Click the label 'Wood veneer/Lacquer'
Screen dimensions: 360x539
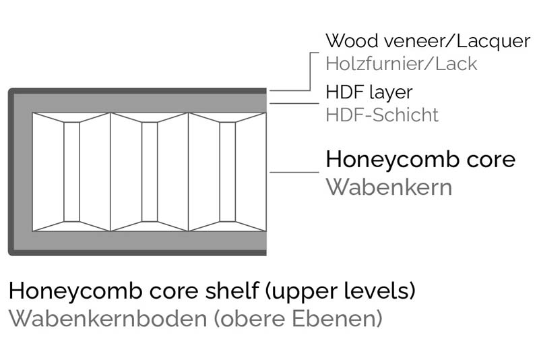(x=427, y=41)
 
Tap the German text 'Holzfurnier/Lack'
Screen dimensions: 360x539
(x=401, y=64)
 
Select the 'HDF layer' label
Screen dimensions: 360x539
(x=369, y=91)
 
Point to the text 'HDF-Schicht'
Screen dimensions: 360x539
(x=381, y=115)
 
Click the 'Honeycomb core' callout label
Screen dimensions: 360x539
(x=420, y=160)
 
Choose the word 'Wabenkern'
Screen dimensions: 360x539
(x=389, y=186)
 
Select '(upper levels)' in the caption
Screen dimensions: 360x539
(x=339, y=291)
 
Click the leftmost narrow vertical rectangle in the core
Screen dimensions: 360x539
(x=71, y=171)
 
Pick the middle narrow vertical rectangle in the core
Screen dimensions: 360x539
(x=150, y=171)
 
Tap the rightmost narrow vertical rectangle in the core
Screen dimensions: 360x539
(x=228, y=171)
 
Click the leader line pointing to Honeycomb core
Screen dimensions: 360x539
(x=294, y=172)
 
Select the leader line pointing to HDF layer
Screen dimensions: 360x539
(x=294, y=103)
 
